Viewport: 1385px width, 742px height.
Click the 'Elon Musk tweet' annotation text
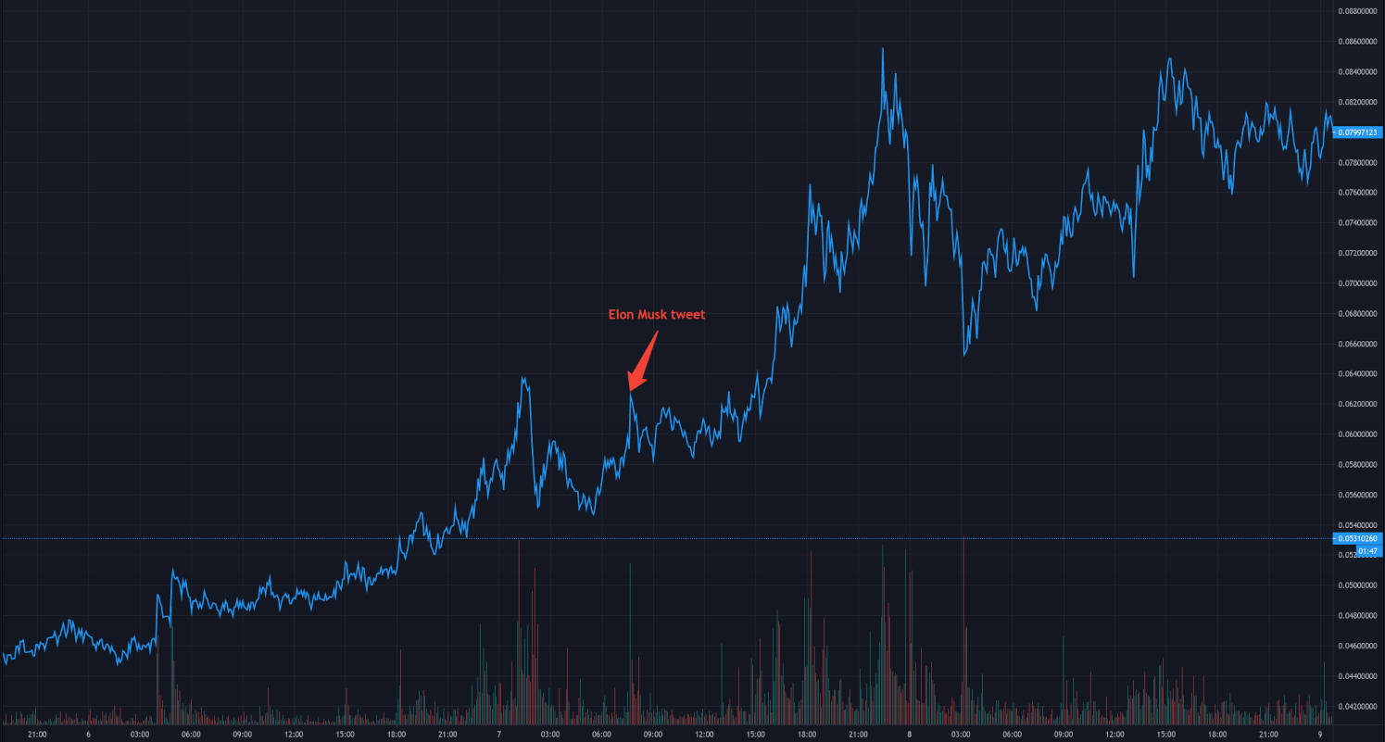[656, 315]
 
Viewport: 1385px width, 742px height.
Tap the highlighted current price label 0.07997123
[1357, 132]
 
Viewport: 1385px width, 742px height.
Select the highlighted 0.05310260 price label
[1357, 538]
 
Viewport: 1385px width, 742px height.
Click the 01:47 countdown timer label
[1368, 551]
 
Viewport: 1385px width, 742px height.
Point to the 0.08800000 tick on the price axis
[1359, 11]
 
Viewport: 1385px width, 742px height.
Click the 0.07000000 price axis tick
[1359, 283]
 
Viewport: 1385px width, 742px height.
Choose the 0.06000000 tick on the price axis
[1359, 434]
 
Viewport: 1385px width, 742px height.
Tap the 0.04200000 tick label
[1359, 707]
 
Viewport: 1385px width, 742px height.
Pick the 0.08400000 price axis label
[1359, 71]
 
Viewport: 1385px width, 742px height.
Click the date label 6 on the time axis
[88, 735]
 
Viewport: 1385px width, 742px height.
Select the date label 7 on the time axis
[499, 735]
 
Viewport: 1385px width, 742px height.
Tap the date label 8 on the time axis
[910, 735]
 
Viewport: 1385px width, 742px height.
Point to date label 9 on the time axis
[1320, 735]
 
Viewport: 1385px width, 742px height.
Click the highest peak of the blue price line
[883, 49]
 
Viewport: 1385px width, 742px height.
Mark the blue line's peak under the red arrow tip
[630, 394]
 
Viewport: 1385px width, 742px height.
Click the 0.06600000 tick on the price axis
[1359, 344]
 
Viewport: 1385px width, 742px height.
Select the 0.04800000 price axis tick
[1359, 616]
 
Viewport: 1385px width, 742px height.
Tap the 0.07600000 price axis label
[1359, 193]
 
